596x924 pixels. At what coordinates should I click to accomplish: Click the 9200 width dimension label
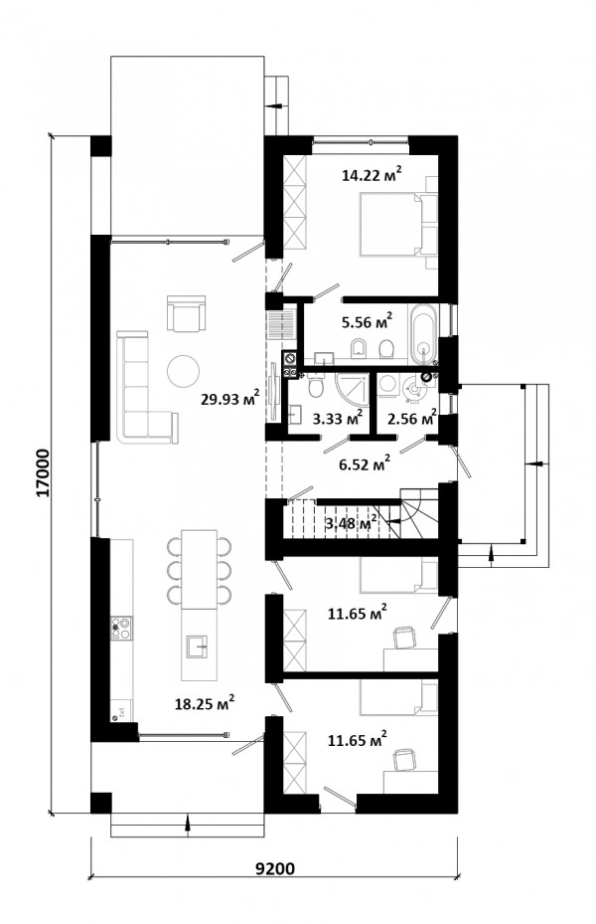275,868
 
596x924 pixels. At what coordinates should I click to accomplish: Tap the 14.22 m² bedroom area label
372,174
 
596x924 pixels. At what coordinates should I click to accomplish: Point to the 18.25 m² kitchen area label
206,702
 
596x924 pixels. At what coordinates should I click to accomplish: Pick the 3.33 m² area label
337,418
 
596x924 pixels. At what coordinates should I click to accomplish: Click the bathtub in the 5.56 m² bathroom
423,333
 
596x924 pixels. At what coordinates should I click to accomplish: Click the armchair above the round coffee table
187,313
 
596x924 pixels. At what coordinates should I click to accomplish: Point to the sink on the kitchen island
199,647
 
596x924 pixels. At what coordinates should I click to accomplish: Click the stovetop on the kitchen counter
122,628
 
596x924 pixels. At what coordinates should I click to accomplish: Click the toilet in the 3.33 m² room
318,385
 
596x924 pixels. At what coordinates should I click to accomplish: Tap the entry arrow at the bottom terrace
188,825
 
